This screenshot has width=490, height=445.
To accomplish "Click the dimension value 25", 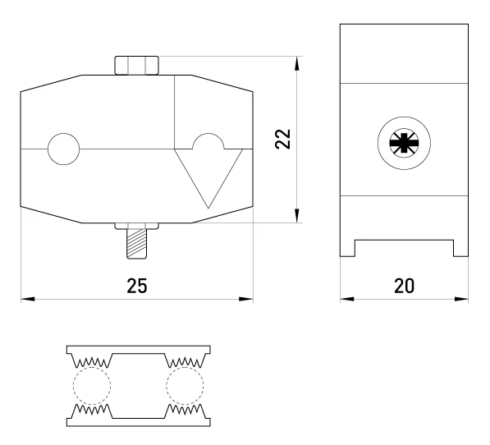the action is (x=137, y=286).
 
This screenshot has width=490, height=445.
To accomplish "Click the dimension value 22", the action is (x=283, y=139).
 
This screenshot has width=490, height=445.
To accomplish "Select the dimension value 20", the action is (x=404, y=286).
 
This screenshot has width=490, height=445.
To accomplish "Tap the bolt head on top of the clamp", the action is (x=136, y=66).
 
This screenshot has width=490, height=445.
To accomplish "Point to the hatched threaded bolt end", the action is (x=136, y=244).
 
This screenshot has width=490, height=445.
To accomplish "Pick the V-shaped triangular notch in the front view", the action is (x=208, y=178).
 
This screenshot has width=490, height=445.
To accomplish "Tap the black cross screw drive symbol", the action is (x=404, y=143).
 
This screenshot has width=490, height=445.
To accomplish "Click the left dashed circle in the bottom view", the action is (x=92, y=368).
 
